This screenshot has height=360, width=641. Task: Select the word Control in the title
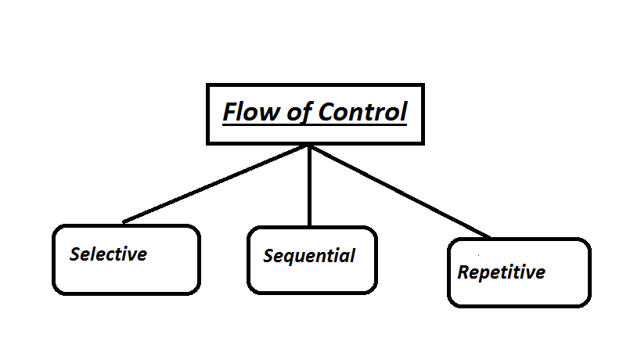click(362, 112)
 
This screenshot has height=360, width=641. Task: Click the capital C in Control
click(326, 112)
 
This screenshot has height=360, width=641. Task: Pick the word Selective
click(108, 254)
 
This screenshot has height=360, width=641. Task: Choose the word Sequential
click(309, 256)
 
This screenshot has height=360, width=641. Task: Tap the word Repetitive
click(501, 272)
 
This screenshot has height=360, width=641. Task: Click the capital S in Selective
click(75, 254)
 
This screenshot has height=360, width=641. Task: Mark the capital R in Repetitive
click(463, 272)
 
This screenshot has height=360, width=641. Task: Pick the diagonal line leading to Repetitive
click(399, 191)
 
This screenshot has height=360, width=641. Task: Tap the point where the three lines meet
click(310, 146)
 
